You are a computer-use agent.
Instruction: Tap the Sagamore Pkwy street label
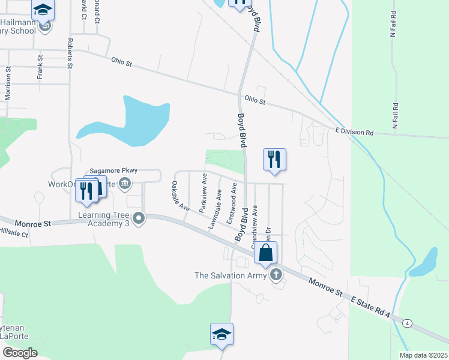click(x=113, y=170)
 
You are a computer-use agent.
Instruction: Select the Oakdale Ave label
click(x=181, y=197)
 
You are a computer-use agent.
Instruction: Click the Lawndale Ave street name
click(x=215, y=210)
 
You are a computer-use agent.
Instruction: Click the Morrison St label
click(x=8, y=83)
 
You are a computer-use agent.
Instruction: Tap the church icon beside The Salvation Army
click(x=276, y=275)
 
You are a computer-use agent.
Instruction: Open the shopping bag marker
click(x=266, y=253)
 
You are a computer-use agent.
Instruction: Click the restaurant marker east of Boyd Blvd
click(x=274, y=160)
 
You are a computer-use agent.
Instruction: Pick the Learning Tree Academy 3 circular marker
click(x=139, y=218)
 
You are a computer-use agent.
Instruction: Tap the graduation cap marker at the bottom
click(x=221, y=334)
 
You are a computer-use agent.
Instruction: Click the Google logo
click(x=20, y=353)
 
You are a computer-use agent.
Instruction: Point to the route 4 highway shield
click(x=408, y=324)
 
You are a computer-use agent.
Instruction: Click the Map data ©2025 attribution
click(x=423, y=355)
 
